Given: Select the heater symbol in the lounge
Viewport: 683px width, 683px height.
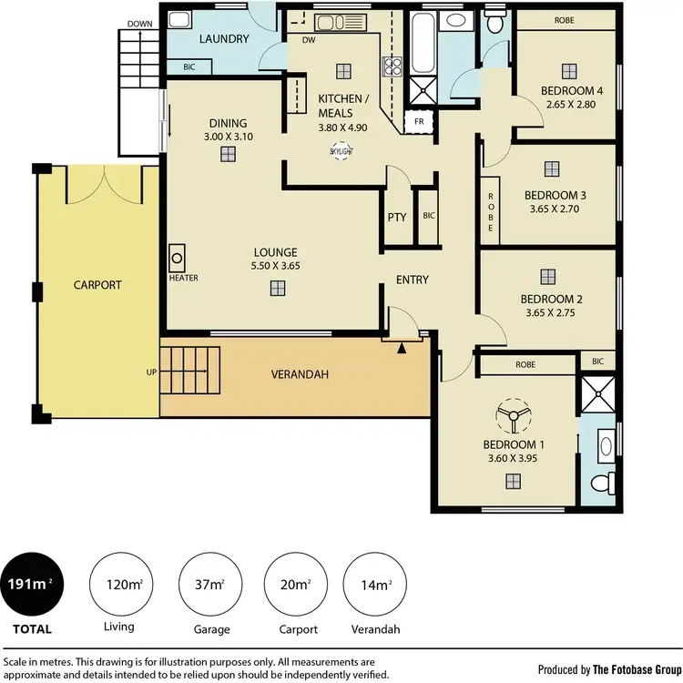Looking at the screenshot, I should click(178, 257).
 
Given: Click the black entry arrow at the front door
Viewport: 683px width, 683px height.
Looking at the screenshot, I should click(403, 346).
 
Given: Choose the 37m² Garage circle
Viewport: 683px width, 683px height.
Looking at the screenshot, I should click(206, 583).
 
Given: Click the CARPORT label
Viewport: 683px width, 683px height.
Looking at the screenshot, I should click(97, 285).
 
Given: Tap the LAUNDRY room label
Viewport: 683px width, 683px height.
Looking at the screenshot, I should click(224, 39).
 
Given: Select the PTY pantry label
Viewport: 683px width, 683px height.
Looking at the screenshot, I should click(396, 218).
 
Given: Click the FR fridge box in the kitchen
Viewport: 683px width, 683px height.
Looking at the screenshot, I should click(419, 121).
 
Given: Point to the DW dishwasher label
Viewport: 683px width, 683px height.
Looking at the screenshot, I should click(308, 39).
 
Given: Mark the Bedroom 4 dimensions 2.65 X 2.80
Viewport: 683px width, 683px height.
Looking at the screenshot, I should click(572, 105).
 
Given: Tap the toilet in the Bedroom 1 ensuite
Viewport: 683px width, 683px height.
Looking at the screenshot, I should click(599, 483).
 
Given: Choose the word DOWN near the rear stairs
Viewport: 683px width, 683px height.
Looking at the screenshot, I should click(140, 24).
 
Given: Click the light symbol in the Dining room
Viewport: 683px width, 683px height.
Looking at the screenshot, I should click(227, 154).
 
